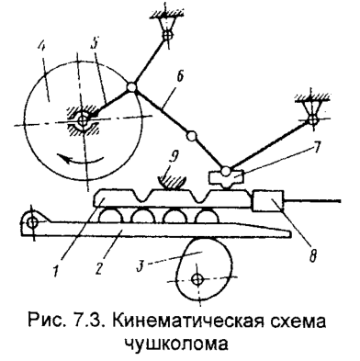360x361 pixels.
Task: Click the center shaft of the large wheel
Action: pyautogui.click(x=82, y=119)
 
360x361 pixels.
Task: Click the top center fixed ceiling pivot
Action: pyautogui.click(x=167, y=36)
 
